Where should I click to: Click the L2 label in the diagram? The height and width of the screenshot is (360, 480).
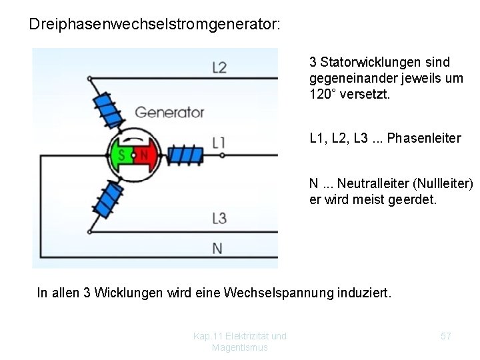coord(219,67)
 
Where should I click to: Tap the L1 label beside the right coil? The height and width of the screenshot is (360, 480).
coord(219,141)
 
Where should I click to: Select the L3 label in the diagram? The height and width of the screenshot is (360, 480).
coord(219,217)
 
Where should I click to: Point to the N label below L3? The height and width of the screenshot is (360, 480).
coord(217,248)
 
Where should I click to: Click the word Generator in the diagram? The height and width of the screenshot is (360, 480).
coord(169,112)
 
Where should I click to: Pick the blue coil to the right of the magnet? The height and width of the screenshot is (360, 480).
coord(186,155)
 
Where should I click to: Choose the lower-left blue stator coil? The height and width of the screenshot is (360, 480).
coord(105,199)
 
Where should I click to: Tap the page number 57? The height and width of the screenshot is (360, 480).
coord(446,337)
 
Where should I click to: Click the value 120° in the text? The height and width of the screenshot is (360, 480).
coord(325,94)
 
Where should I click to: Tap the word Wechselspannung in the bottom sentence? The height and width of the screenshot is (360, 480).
coord(279,292)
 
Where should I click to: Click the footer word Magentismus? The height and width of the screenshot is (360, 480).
coord(239,347)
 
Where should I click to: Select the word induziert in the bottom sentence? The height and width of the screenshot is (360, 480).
coord(368,292)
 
